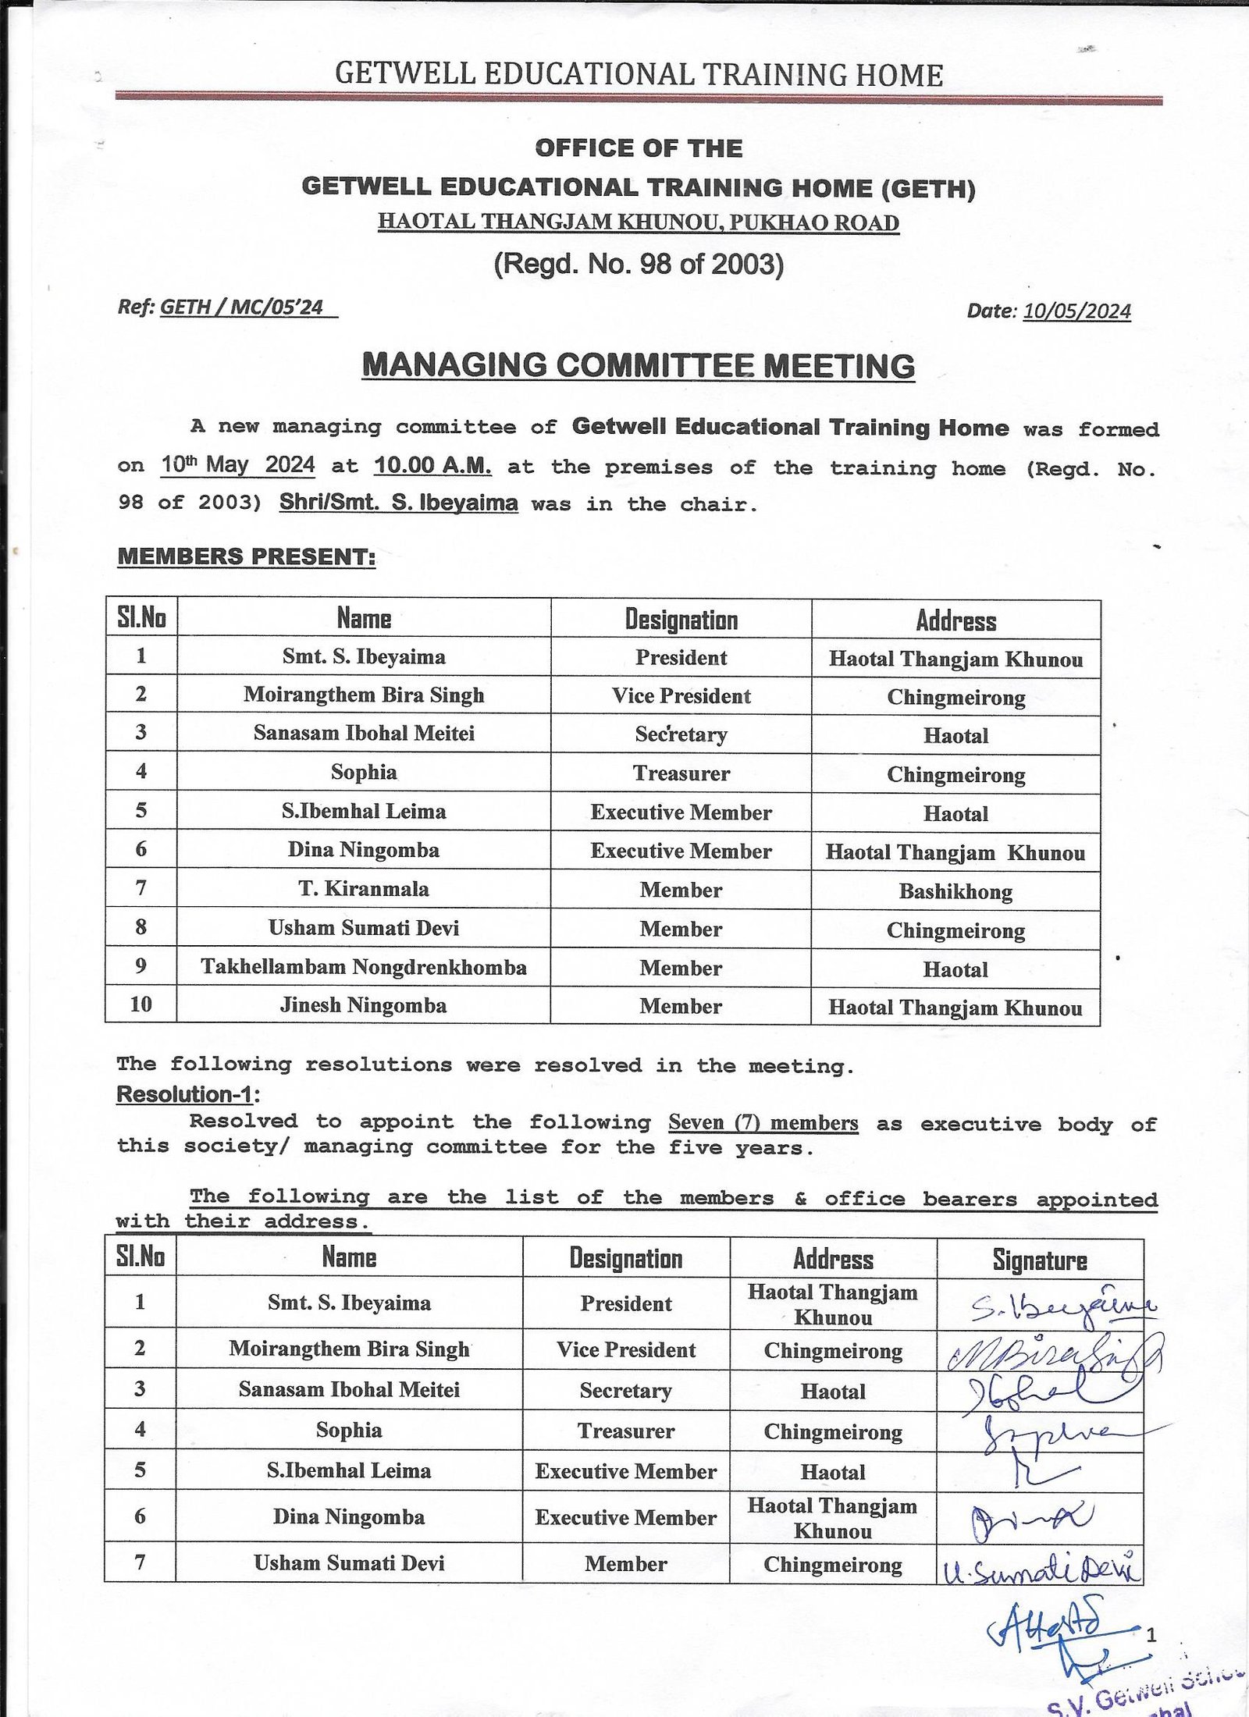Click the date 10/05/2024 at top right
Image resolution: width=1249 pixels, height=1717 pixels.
pos(1076,311)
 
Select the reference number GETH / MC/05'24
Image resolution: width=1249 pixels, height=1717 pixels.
pos(242,307)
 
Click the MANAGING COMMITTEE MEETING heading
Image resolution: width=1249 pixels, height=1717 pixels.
pos(639,366)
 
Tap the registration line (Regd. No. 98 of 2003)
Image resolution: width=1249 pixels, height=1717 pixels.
pos(639,265)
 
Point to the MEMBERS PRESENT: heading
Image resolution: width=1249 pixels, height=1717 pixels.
pos(247,556)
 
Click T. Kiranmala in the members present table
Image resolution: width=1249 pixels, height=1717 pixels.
pos(364,889)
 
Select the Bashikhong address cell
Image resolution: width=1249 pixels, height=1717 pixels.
pos(955,891)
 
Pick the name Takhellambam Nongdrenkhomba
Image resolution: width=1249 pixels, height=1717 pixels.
pos(364,967)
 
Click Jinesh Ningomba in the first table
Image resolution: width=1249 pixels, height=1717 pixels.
pos(364,1005)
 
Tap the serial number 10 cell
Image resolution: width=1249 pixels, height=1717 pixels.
pos(141,1004)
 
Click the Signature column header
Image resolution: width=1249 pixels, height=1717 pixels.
pos(1040,1260)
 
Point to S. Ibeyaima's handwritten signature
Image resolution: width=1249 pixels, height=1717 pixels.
pos(1062,1307)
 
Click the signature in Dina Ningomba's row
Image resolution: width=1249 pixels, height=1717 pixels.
pos(1030,1520)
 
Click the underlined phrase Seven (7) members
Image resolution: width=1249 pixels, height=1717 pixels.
pos(763,1123)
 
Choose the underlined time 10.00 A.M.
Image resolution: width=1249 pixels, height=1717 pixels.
pos(432,466)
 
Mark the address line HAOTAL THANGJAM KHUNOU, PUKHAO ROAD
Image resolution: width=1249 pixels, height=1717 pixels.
pos(639,222)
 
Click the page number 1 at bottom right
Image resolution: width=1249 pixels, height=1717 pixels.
pos(1151,1632)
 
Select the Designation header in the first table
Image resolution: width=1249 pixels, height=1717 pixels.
pos(681,620)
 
